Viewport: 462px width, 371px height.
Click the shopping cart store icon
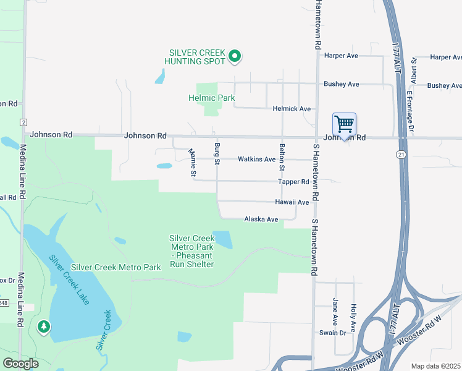344,124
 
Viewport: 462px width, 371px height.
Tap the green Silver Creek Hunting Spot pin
234,57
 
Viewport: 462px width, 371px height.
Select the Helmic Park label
211,98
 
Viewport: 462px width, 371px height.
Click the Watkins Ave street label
256,159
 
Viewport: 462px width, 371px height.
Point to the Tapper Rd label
293,182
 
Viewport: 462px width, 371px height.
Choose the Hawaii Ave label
292,202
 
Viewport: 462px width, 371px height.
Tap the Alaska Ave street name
261,219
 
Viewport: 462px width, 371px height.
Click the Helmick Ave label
292,109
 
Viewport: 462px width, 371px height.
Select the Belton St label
282,157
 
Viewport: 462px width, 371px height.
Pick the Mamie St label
192,161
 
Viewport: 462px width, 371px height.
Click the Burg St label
217,153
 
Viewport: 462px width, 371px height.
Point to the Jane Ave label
335,312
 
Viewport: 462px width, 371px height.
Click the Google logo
20,364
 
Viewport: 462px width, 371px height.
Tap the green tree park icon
43,326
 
